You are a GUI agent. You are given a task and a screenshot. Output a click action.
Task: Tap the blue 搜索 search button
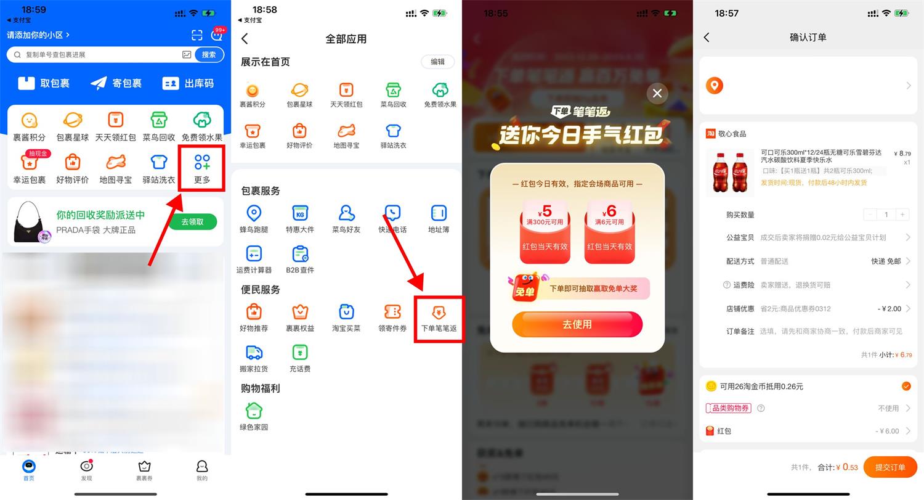coord(209,55)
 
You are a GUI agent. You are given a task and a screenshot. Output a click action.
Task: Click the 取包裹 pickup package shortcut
coord(44,83)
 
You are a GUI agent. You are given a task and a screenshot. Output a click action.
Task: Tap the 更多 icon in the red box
coord(202,168)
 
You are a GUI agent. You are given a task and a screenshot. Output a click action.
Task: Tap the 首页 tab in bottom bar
coord(29,469)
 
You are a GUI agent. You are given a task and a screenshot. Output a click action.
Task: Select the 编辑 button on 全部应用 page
coord(437,62)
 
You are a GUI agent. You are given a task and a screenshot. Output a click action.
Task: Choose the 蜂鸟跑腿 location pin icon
coord(253,214)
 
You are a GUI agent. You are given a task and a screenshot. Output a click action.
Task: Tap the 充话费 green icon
coord(299,353)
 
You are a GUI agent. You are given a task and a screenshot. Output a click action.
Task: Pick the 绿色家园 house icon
coord(254,411)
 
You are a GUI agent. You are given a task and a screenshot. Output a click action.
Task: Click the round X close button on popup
coord(657,93)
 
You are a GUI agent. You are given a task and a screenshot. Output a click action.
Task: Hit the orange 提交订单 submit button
coord(890,467)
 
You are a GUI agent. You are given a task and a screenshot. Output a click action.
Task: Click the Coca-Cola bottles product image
coord(730,172)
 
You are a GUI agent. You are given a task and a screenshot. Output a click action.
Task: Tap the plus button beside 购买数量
coord(902,215)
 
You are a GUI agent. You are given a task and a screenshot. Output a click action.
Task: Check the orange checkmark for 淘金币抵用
coord(906,386)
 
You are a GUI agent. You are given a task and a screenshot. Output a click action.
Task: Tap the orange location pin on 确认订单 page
coord(714,86)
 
